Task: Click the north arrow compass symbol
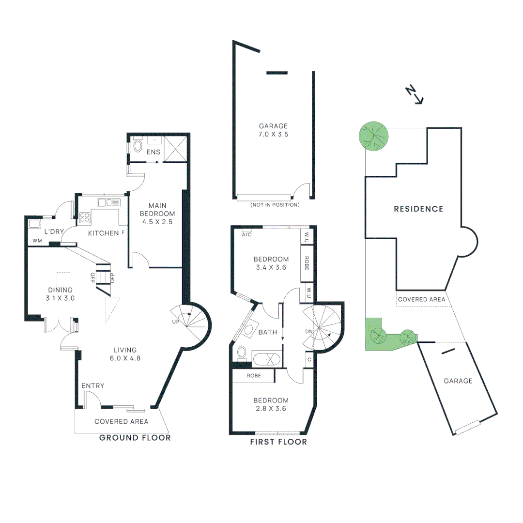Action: (415, 94)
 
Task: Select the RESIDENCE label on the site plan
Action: (418, 209)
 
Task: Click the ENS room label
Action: (154, 152)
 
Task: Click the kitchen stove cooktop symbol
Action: (85, 217)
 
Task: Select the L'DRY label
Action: (54, 232)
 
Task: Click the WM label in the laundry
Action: (37, 241)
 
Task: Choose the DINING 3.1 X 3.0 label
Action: (61, 294)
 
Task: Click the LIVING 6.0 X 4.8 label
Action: (125, 354)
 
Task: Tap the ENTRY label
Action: (92, 385)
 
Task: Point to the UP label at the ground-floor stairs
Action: (175, 322)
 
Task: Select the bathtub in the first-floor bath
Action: (266, 359)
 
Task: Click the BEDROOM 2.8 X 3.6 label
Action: (271, 404)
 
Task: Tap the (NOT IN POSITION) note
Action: (275, 205)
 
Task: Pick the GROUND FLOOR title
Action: (135, 438)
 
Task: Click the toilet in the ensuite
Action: (138, 146)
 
